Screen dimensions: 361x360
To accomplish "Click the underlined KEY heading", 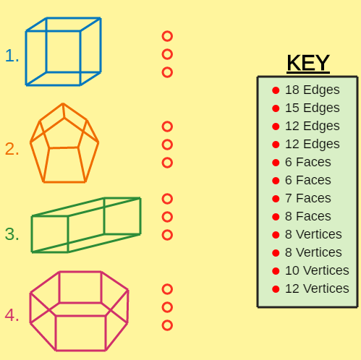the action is coord(308,63).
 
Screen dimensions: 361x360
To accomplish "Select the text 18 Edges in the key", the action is coord(313,90).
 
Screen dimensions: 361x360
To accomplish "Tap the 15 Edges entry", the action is coord(313,108).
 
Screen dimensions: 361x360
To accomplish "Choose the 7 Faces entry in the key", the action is coord(308,198).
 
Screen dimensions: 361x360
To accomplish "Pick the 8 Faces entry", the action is coord(308,216).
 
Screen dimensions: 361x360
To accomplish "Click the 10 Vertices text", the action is coord(317,270).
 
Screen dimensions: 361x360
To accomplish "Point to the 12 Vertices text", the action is coord(317,288).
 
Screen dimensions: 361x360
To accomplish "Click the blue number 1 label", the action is coord(12,56).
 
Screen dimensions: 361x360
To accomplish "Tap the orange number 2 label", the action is coord(12,149).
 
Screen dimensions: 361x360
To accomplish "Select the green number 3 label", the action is coord(12,234).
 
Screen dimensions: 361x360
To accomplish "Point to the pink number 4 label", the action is coord(12,315).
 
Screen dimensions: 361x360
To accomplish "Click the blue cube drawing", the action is coord(26,58).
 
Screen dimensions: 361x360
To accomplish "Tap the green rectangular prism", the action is coord(32,233).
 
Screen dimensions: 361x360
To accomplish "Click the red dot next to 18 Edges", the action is coord(276,90).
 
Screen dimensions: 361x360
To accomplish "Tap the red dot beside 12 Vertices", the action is coord(276,289).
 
